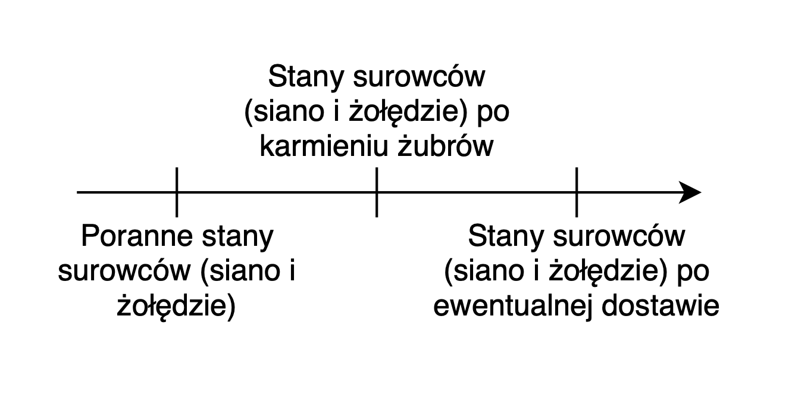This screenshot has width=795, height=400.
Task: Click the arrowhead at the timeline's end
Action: pos(690,192)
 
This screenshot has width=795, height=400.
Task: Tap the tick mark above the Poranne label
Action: pos(177,192)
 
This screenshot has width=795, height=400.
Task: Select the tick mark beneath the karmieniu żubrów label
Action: pos(377,192)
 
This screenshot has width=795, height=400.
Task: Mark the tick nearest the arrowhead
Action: pos(577,192)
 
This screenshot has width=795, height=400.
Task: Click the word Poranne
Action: pos(137,236)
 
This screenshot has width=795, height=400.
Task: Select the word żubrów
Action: pos(446,146)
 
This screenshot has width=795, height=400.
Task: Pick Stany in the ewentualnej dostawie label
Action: pos(506,237)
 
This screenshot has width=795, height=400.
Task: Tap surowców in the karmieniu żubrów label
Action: pos(419,76)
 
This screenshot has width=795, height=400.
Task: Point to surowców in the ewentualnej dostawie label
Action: pos(619,236)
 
